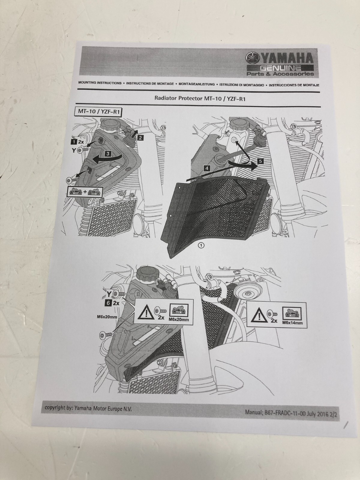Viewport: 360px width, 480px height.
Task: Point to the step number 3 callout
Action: click(108, 154)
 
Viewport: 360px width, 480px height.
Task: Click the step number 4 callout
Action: click(207, 168)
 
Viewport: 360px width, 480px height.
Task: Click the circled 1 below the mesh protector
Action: click(201, 246)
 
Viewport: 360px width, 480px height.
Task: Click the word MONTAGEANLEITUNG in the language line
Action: click(196, 84)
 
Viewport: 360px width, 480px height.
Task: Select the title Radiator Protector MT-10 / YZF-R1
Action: click(200, 99)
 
